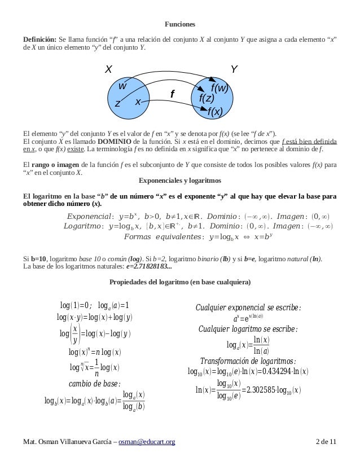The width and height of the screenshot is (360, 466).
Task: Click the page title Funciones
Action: coord(179,25)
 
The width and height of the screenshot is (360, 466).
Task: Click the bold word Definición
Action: coord(39,39)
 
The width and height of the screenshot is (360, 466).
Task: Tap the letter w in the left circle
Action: coord(122,86)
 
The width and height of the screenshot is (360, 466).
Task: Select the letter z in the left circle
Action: coord(118,104)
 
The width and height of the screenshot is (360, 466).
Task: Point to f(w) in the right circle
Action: coord(219,88)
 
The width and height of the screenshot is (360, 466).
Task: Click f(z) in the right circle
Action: coord(210,99)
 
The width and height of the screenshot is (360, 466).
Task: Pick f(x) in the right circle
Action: coord(215,112)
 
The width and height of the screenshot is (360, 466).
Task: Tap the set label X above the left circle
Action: coord(109,69)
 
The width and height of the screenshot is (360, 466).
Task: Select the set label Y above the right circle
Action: coord(234,69)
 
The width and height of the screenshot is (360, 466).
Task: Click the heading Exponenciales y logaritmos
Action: coord(179,181)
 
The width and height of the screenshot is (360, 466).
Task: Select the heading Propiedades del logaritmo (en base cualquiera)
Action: coord(179,282)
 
